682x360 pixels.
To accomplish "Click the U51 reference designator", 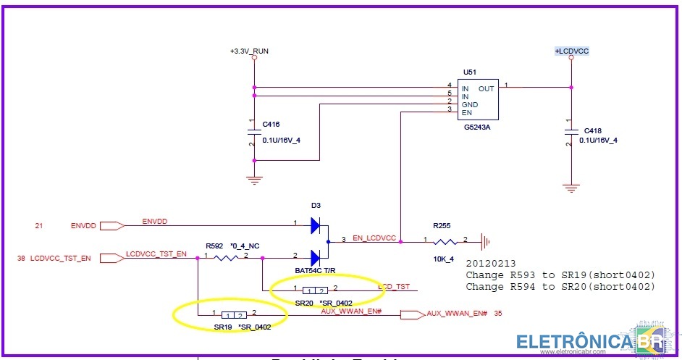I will point(469,73).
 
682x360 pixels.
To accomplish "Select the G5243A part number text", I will point(478,127).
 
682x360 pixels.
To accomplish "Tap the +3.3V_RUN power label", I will point(249,51).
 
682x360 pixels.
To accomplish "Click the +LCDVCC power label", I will point(571,51).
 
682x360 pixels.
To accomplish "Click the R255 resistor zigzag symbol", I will point(446,241).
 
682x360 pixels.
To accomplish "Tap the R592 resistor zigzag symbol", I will point(225,257).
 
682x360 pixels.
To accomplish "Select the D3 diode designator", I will point(316,206).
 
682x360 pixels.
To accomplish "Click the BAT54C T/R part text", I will point(316,270).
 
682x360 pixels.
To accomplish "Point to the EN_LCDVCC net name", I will point(374,238).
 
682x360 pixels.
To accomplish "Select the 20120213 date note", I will point(492,264).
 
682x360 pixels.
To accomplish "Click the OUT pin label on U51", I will point(487,88).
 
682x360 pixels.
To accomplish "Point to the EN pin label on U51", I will point(466,112).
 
